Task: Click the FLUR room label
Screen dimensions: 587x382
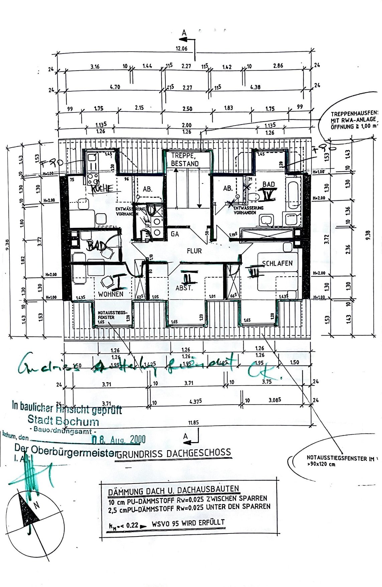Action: pos(194,251)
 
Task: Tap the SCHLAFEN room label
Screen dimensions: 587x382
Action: pos(277,263)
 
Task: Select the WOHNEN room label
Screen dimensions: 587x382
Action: pos(111,294)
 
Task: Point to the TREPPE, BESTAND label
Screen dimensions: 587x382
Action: pos(185,160)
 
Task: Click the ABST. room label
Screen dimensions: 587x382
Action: pos(184,288)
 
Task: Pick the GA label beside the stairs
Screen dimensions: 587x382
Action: pos(175,234)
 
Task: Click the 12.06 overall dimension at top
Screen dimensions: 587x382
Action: pos(181,49)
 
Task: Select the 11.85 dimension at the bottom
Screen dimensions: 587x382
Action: pos(193,422)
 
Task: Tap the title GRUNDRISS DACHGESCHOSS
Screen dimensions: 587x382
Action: pos(174,453)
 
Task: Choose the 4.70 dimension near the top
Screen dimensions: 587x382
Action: pos(115,87)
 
